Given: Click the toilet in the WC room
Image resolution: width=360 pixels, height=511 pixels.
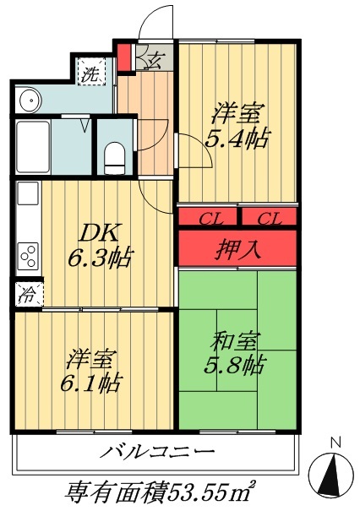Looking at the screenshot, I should coord(114,155).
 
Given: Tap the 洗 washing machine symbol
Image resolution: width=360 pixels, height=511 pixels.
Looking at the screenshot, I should coord(89,73).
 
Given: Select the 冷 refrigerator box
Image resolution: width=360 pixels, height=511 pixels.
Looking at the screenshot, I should coord(28,296).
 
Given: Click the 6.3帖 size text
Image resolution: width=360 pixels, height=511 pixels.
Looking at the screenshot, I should coord(100,257).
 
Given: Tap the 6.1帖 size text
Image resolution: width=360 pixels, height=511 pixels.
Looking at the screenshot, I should coord(90,382).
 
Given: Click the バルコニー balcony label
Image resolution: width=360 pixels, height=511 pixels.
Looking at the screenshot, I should coord(158,452).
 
